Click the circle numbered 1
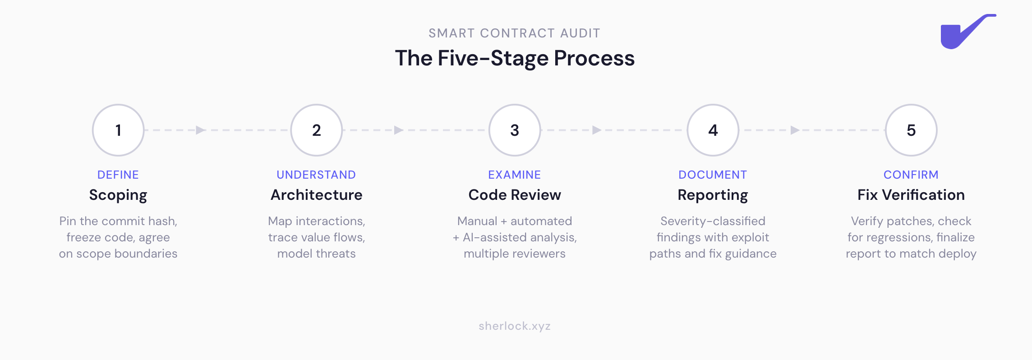118,130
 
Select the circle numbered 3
515,130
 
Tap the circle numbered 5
911,130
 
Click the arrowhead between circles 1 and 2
200,130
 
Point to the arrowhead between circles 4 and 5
795,130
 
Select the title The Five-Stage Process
515,58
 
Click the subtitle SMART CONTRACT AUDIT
515,33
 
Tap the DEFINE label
118,175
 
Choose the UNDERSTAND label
316,175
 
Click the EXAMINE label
515,175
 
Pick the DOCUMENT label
713,175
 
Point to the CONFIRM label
911,175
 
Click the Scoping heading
118,195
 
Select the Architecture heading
316,195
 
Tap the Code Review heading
515,195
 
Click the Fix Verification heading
911,195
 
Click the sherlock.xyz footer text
515,326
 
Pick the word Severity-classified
713,221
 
